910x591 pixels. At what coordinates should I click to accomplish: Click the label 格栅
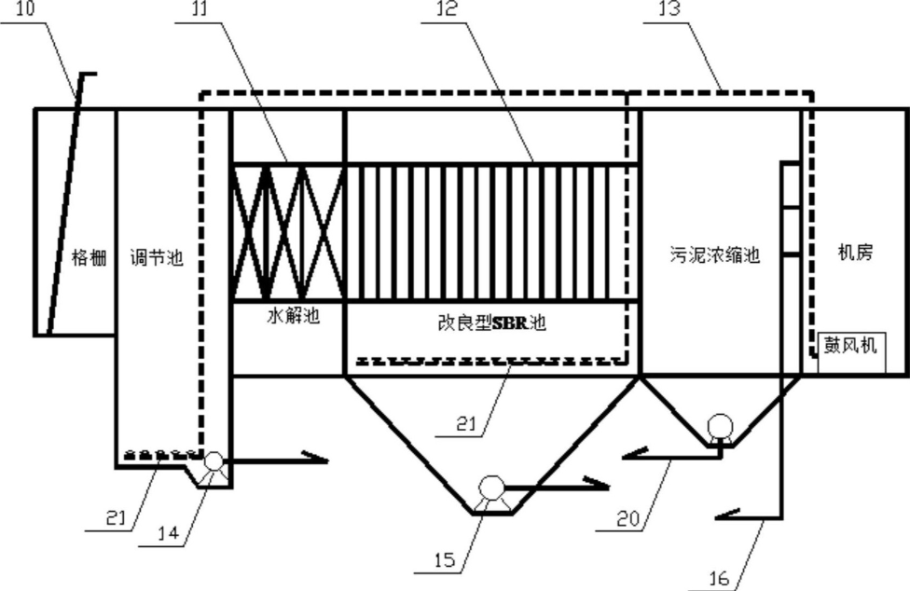click(90, 259)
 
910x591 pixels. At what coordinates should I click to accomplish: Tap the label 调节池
click(157, 259)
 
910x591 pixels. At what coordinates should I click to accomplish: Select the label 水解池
click(288, 316)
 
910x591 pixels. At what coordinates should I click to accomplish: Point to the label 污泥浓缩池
click(715, 254)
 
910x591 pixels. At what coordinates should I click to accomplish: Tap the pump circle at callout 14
click(212, 461)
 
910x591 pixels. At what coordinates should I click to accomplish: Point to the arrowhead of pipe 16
click(723, 514)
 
